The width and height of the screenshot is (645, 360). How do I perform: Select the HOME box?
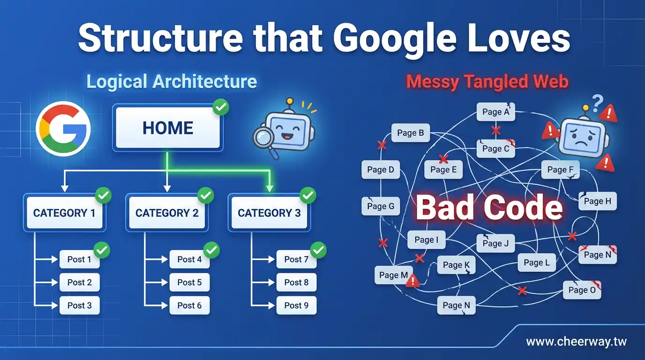167,128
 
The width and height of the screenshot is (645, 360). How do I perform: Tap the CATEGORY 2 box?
167,213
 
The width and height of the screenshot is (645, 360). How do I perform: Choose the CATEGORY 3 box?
269,213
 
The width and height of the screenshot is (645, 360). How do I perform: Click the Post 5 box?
189,283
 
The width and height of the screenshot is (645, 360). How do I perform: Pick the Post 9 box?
296,306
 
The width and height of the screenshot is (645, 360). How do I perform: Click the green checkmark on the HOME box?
220,107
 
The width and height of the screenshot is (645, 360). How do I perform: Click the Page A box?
495,112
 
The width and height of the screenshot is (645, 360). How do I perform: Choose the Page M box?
393,275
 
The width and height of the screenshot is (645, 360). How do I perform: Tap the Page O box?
582,290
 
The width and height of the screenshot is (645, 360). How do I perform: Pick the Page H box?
597,202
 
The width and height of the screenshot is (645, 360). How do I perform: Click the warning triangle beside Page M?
412,280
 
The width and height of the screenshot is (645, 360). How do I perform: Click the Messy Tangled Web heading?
487,82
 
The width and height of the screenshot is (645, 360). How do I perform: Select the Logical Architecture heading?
172,82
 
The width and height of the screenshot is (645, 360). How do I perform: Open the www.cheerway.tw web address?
576,342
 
